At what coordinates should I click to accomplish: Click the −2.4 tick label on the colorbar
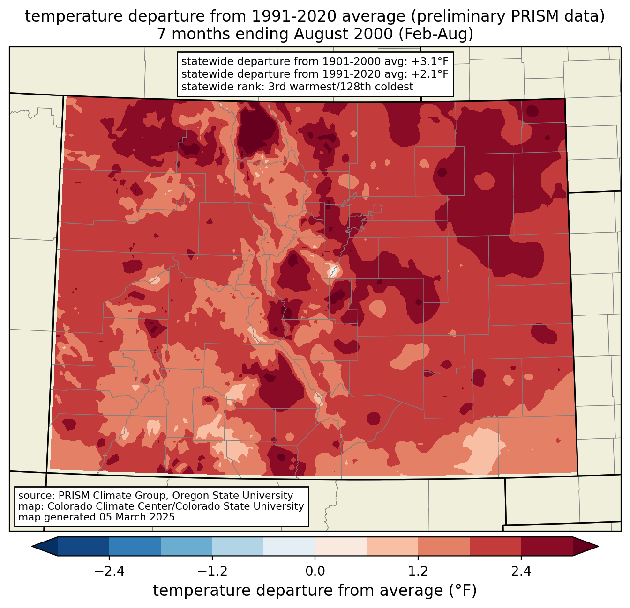109,571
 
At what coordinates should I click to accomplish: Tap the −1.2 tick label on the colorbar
212,571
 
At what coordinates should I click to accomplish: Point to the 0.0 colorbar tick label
315,571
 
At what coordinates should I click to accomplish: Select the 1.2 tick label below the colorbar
418,571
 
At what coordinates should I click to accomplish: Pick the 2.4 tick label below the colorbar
521,571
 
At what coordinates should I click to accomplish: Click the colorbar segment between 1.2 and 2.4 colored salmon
444,546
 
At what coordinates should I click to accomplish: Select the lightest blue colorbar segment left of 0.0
289,546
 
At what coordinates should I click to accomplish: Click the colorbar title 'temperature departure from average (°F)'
315,591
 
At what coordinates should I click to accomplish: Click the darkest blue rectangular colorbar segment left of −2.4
83,546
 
